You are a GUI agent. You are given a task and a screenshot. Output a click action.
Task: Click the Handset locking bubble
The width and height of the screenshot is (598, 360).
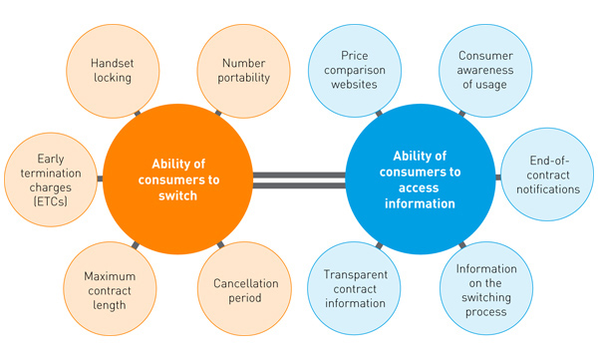click(112, 68)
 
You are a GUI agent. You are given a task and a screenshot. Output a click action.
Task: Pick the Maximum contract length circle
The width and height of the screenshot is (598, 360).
click(112, 290)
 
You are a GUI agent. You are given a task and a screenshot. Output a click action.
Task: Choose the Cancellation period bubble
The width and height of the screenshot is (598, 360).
click(246, 290)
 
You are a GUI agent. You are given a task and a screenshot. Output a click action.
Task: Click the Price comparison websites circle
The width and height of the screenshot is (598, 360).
click(355, 68)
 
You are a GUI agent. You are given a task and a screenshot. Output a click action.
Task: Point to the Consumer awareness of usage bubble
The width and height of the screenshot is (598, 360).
click(485, 68)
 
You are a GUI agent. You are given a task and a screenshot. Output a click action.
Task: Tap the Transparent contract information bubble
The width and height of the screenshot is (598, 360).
click(355, 290)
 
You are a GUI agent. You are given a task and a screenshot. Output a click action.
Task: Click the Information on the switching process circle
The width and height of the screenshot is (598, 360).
click(485, 290)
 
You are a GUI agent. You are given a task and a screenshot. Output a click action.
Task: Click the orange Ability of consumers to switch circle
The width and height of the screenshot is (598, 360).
click(177, 180)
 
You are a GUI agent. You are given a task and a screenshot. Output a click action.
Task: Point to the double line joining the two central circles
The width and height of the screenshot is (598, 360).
click(299, 180)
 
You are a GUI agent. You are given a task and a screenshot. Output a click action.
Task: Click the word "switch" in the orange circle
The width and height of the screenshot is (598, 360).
click(177, 196)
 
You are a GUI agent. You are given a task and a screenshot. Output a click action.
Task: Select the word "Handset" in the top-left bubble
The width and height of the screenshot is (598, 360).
click(112, 59)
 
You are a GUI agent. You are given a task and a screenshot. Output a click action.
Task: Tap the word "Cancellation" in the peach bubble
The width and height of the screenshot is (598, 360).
click(246, 282)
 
